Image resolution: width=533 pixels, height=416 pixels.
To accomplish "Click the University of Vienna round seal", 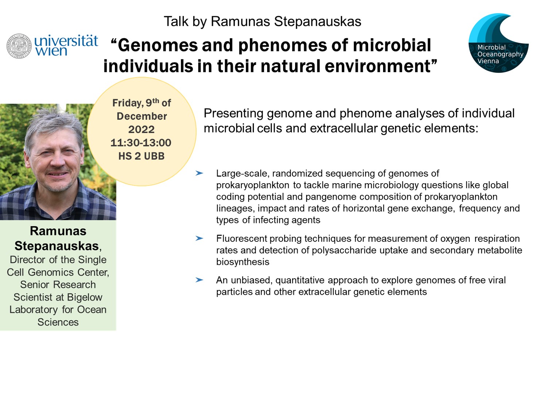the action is pos(19,46).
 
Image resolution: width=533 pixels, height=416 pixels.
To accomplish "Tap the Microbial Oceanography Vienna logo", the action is pos(498,43).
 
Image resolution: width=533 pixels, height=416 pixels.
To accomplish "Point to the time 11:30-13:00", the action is pos(141,143).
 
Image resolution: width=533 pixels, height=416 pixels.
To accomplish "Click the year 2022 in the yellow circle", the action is pos(142,130).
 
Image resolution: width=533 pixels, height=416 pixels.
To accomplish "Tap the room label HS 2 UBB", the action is pos(142,156).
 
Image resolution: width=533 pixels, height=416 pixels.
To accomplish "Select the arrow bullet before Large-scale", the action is pos(199,173).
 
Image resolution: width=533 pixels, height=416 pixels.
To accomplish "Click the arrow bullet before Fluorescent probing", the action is pos(199,238).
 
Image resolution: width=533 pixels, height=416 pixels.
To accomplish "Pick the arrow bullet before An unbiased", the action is pos(199,280).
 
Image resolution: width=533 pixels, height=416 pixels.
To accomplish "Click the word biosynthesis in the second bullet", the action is pos(243,262).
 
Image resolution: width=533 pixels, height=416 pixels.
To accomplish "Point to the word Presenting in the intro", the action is pos(233,114).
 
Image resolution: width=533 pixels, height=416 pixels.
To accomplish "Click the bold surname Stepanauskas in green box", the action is pos(57,246).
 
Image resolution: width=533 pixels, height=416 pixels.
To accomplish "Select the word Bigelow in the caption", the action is pos(85,297).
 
